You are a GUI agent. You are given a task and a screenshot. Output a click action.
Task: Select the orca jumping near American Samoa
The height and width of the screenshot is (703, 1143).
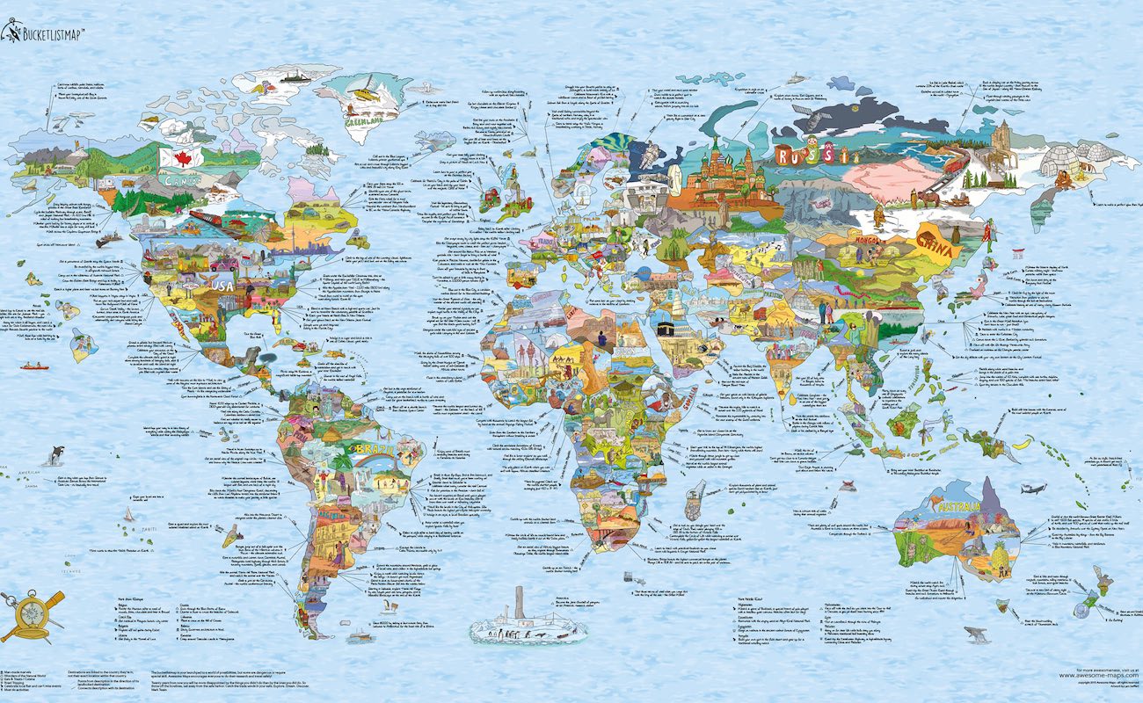click(x=57, y=454)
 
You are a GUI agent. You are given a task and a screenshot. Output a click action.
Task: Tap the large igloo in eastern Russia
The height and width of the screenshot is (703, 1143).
click(x=1067, y=158)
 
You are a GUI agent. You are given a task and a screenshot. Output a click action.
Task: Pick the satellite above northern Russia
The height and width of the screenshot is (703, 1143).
click(x=795, y=77)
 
